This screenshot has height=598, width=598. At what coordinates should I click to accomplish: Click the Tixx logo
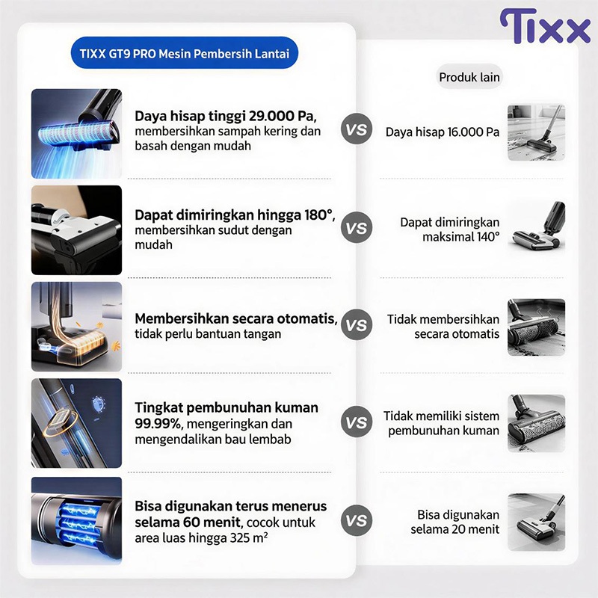click(545, 26)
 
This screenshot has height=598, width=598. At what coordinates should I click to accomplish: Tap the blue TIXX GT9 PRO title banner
click(185, 53)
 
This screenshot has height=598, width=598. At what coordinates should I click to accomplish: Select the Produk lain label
click(469, 77)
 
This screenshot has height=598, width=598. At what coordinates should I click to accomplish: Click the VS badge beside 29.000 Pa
click(357, 129)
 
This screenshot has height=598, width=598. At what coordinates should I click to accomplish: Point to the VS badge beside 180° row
click(357, 228)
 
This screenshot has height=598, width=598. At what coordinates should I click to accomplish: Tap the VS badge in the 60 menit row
click(357, 520)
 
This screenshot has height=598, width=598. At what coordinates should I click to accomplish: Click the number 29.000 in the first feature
click(271, 116)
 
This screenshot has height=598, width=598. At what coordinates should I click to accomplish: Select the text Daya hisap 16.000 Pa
click(443, 132)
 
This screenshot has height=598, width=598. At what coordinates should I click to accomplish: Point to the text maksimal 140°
click(460, 237)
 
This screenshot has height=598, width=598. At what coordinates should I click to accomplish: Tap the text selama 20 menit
click(455, 529)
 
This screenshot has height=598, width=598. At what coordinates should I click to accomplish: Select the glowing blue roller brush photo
click(77, 134)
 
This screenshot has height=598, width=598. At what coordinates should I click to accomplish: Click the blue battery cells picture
click(77, 521)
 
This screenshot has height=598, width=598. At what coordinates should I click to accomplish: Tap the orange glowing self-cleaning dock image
click(77, 327)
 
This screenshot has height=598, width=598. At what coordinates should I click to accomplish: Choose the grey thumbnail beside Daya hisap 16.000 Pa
click(536, 132)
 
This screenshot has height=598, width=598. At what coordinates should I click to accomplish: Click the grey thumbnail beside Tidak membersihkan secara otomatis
click(536, 327)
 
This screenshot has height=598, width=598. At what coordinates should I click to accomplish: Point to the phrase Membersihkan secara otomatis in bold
click(236, 318)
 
